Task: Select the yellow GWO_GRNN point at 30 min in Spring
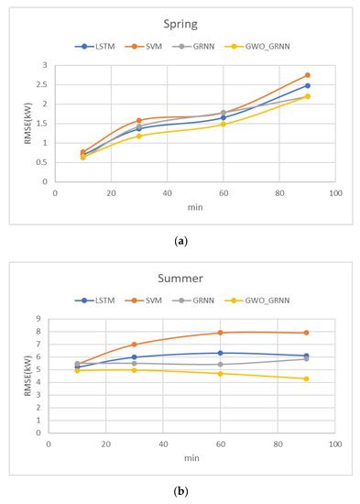(x=139, y=136)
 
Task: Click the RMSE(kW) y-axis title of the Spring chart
(x=27, y=124)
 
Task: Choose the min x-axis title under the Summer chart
(x=191, y=456)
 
